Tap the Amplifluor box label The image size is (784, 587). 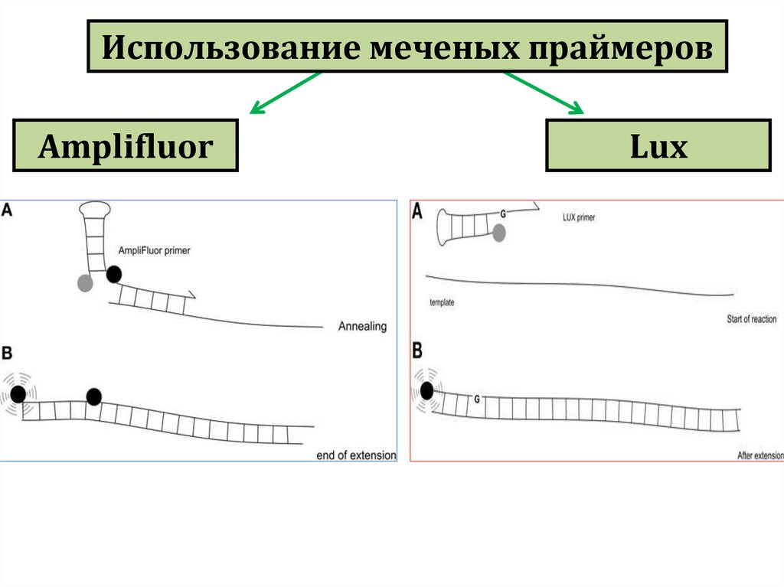tap(126, 145)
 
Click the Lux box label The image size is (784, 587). tap(658, 145)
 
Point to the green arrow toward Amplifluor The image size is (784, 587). tap(283, 94)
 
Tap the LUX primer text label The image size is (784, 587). tap(578, 218)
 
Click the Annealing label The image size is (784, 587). tap(362, 327)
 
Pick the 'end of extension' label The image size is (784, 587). tap(356, 455)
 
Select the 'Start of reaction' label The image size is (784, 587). tap(751, 319)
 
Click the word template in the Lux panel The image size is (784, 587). tap(443, 303)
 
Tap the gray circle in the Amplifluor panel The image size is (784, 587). tap(85, 283)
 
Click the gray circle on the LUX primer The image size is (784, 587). tap(498, 233)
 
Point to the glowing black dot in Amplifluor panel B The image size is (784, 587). tap(18, 394)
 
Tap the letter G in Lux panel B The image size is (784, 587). tap(477, 399)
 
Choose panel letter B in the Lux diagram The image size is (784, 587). tap(418, 351)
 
